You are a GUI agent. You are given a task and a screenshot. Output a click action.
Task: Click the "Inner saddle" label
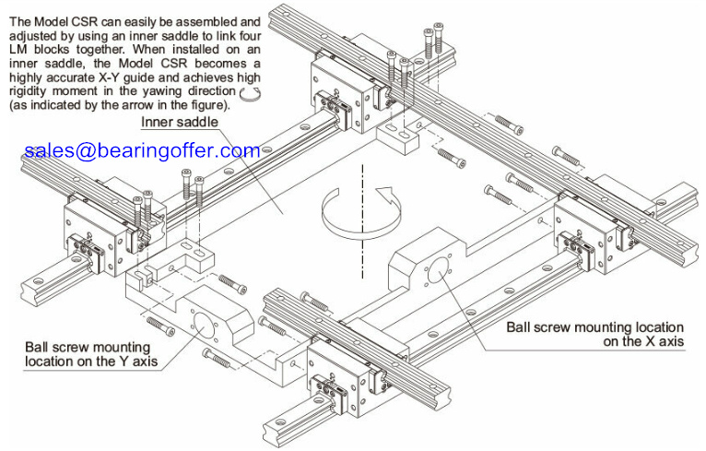pos(180,122)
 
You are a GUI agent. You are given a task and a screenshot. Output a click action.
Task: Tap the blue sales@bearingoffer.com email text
pos(142,150)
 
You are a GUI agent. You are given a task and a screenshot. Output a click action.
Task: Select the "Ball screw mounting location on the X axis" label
pos(594,334)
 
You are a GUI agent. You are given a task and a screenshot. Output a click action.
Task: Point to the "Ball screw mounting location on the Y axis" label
pos(91,354)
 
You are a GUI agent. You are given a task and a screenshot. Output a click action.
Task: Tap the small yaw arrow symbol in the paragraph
pos(250,93)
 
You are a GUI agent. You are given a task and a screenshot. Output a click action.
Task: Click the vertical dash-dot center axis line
pos(361,220)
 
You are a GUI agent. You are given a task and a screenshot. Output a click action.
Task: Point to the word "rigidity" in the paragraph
pos(28,91)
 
